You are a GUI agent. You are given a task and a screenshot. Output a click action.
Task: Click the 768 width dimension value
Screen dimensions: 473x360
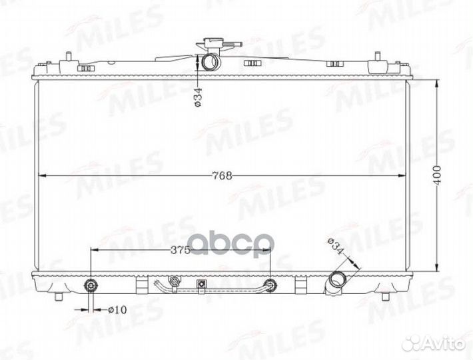coord(222,175)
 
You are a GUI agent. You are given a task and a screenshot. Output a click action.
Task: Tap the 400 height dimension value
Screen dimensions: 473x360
coord(438,175)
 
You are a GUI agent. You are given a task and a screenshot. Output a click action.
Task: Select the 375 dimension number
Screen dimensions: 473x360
coord(180,250)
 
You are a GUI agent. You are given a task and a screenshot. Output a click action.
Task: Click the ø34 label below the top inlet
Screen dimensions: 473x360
coord(198,97)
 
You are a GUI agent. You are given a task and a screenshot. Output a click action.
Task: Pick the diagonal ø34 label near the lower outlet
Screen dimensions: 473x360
coord(336,247)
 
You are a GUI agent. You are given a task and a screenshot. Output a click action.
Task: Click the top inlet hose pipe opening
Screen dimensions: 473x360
coord(211,61)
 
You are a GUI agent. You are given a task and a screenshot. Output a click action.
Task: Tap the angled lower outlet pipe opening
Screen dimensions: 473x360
coord(337,280)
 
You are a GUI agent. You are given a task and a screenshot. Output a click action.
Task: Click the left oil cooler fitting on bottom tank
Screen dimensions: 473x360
coord(91,285)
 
